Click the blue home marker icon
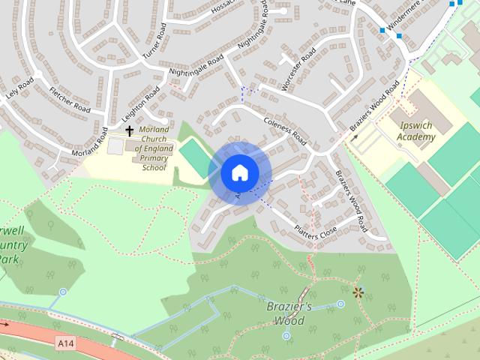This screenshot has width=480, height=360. (239, 172)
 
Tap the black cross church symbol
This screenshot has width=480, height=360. (129, 131)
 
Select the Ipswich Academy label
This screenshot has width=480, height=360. (417, 132)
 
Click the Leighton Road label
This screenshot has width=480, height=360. (143, 105)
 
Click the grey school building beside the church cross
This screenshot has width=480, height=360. (115, 146)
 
